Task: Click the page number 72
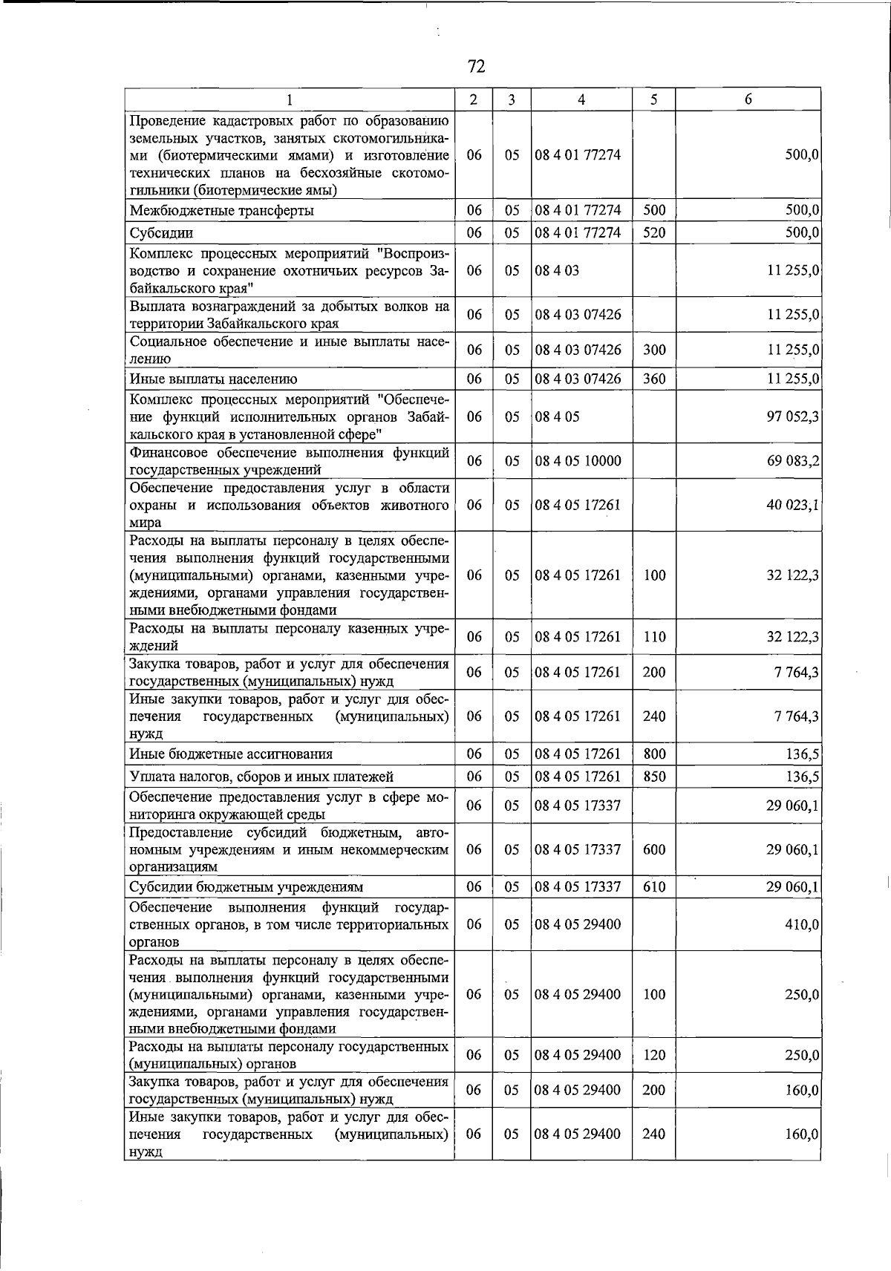(x=477, y=67)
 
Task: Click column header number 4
(x=581, y=99)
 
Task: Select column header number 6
(x=748, y=99)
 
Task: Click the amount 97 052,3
(x=793, y=417)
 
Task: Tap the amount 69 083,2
(x=793, y=461)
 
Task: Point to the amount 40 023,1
(x=793, y=506)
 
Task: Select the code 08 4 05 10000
(x=577, y=461)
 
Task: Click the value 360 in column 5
(x=654, y=379)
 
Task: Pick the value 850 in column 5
(x=654, y=777)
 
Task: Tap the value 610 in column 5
(x=654, y=887)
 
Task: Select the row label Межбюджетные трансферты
(x=221, y=211)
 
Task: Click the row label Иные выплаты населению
(x=213, y=379)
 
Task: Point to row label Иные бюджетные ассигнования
(x=231, y=754)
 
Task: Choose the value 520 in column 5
(x=654, y=233)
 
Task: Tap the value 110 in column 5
(x=654, y=637)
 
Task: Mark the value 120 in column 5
(x=654, y=1055)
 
